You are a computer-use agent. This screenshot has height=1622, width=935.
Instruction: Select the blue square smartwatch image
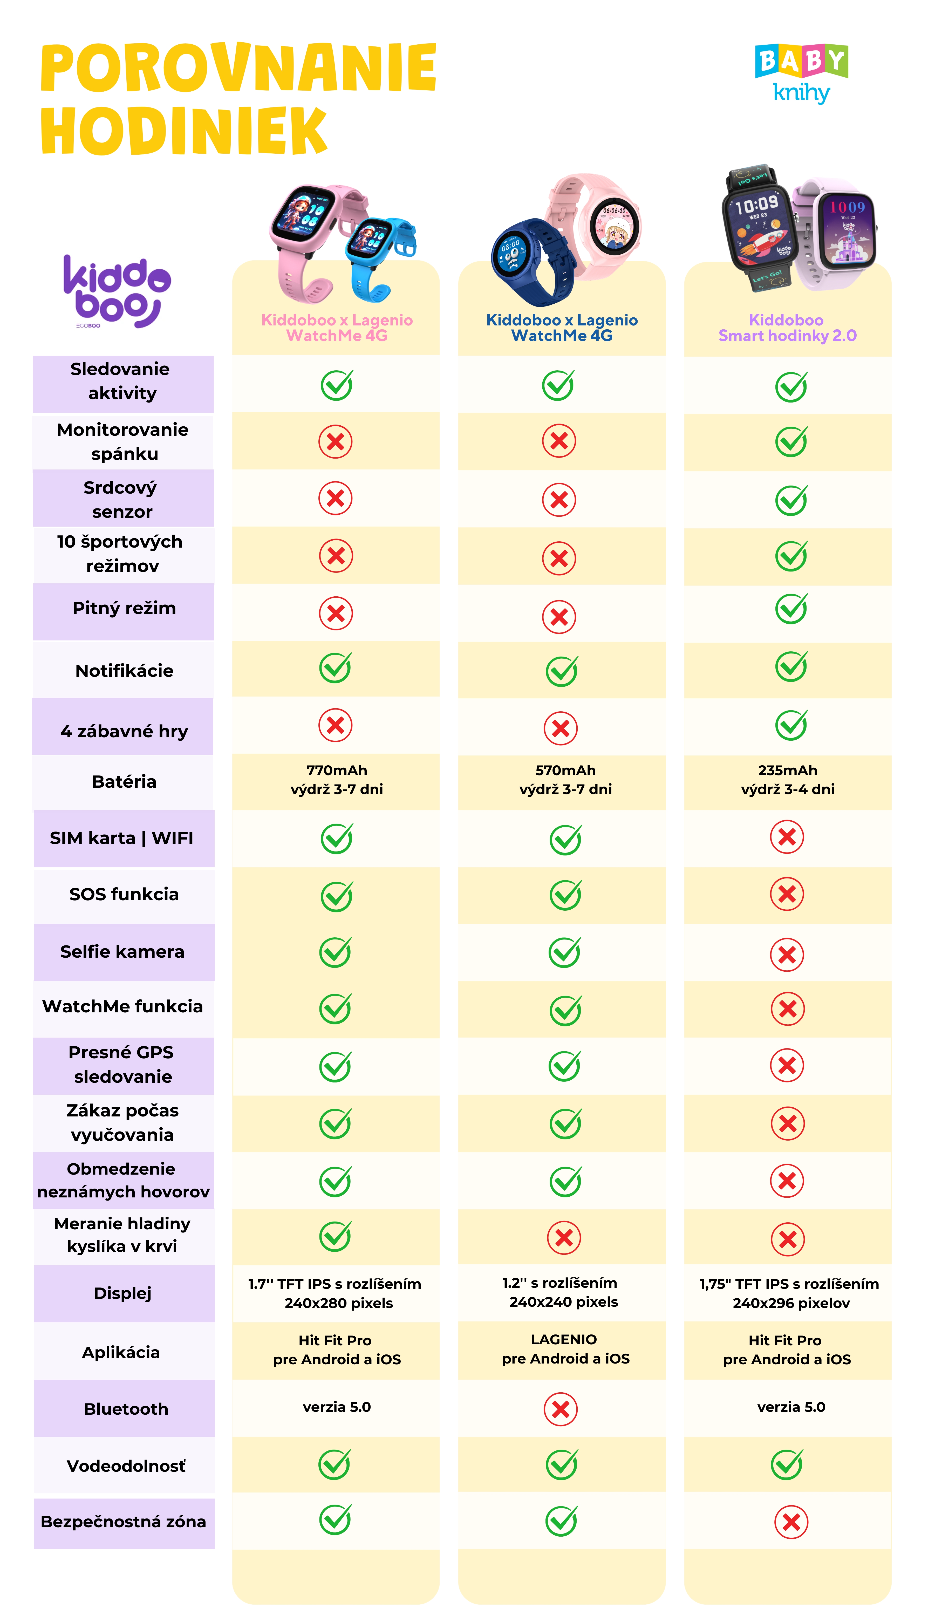click(379, 254)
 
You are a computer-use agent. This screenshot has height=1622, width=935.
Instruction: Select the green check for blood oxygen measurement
click(335, 1237)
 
